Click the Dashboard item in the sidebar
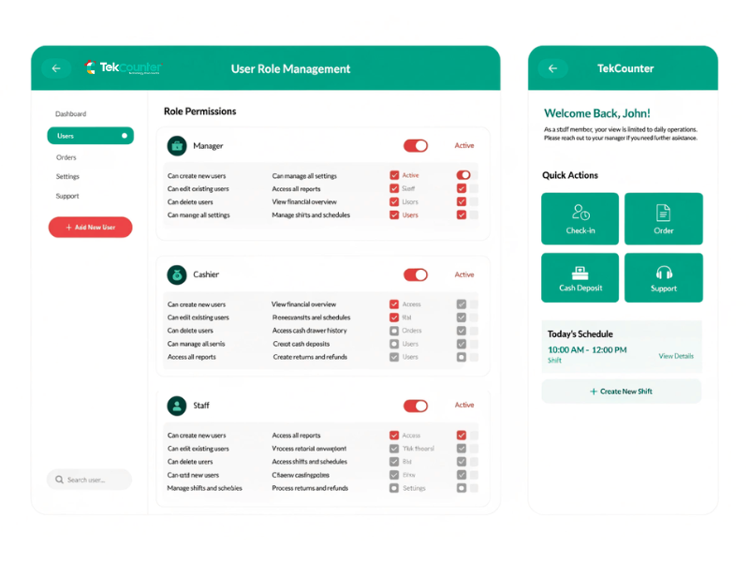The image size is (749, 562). click(71, 114)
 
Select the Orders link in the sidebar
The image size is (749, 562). click(66, 157)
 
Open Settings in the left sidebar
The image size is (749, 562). click(67, 177)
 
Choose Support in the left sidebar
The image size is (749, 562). click(67, 197)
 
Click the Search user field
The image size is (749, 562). click(90, 480)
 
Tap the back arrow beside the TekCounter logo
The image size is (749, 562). click(56, 68)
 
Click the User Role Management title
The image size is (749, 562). click(290, 68)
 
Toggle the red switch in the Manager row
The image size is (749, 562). click(415, 146)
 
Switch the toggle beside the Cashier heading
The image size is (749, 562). click(415, 275)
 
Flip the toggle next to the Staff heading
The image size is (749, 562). click(415, 406)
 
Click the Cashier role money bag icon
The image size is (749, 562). click(176, 275)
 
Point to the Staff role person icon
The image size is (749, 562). click(176, 406)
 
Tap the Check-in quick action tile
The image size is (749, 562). click(580, 218)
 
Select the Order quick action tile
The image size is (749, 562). click(663, 218)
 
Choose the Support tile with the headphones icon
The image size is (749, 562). click(663, 278)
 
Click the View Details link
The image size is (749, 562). click(676, 356)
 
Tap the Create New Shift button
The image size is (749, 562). click(621, 392)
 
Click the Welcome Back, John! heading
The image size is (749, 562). click(596, 113)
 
